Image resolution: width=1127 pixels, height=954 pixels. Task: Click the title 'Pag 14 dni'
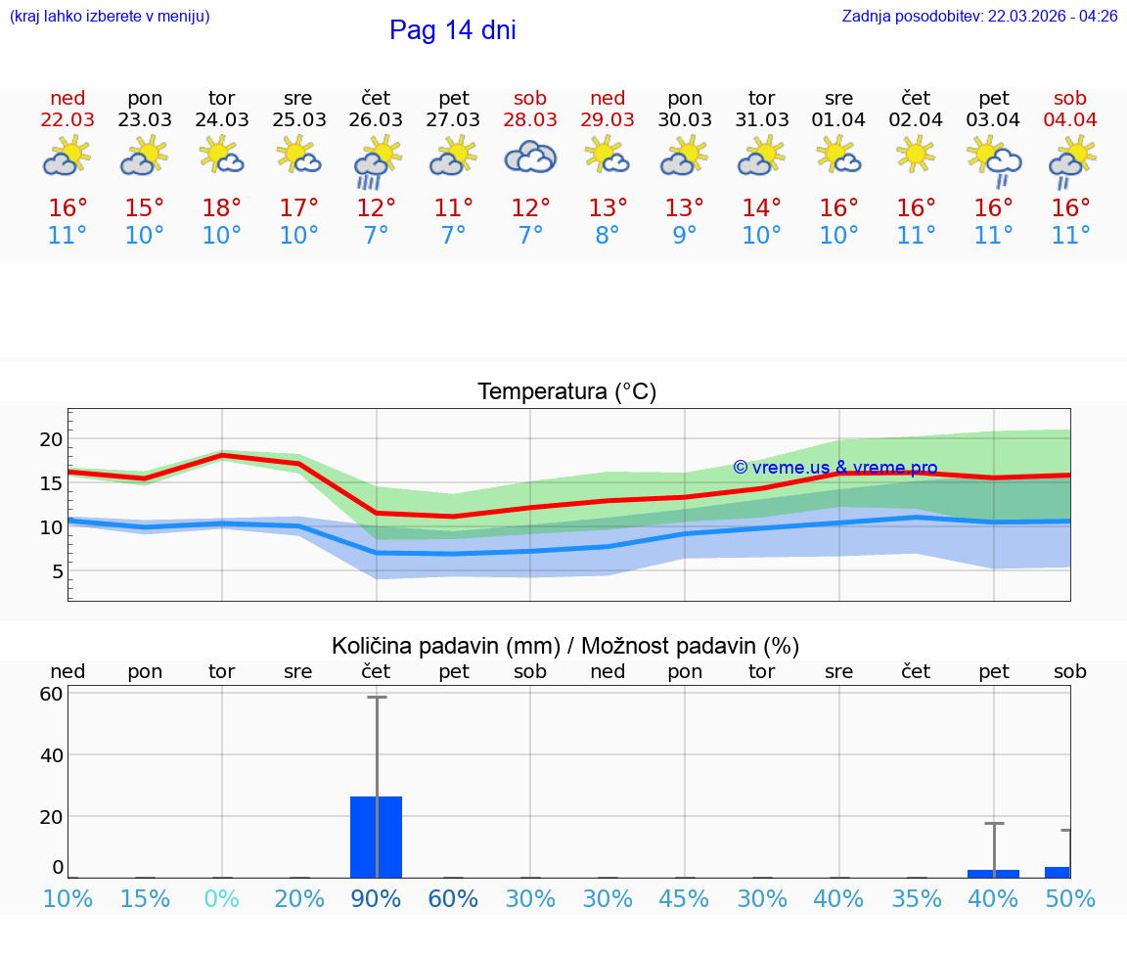tap(452, 30)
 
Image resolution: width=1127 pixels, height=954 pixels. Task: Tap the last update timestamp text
tap(979, 16)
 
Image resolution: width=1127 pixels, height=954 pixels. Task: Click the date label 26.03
tap(376, 119)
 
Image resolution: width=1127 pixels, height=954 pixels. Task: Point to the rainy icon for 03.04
tap(994, 161)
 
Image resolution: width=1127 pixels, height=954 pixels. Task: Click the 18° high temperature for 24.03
tap(222, 208)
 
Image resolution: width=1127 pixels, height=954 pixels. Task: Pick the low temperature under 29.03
tap(608, 236)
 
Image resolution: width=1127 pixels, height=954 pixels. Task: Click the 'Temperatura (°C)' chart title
tap(566, 392)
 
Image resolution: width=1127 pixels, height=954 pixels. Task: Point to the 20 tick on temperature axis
tap(51, 439)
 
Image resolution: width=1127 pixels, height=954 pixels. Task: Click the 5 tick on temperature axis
tap(57, 571)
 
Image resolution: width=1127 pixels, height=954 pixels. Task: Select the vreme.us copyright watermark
tap(834, 468)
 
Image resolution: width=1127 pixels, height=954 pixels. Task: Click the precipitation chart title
tap(564, 646)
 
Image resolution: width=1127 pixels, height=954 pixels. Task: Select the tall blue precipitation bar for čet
tap(376, 837)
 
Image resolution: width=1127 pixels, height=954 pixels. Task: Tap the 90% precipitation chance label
tap(376, 898)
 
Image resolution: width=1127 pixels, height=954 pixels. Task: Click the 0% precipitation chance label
tap(222, 898)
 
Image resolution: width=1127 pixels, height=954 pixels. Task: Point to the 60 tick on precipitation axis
tap(51, 694)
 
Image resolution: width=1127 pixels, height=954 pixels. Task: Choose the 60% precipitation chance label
tap(453, 898)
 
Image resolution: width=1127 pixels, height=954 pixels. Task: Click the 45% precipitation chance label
tap(684, 898)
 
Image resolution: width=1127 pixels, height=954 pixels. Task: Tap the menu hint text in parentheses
tap(110, 16)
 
